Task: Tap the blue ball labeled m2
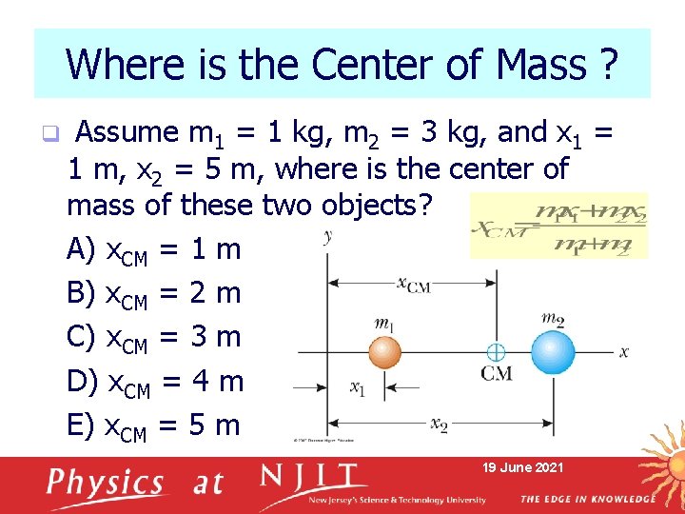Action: pos(553,351)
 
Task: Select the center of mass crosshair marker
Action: pos(495,352)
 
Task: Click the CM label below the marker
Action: pos(496,374)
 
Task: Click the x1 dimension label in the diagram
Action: pos(357,387)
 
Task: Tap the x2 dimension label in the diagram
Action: pos(438,424)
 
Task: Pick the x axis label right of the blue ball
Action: pos(624,351)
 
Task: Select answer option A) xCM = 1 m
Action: pos(154,250)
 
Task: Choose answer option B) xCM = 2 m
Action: pos(154,294)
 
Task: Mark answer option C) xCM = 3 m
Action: pos(154,338)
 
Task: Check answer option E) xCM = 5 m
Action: pos(154,425)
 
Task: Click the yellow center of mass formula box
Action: pos(558,224)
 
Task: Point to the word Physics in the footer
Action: pos(107,484)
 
